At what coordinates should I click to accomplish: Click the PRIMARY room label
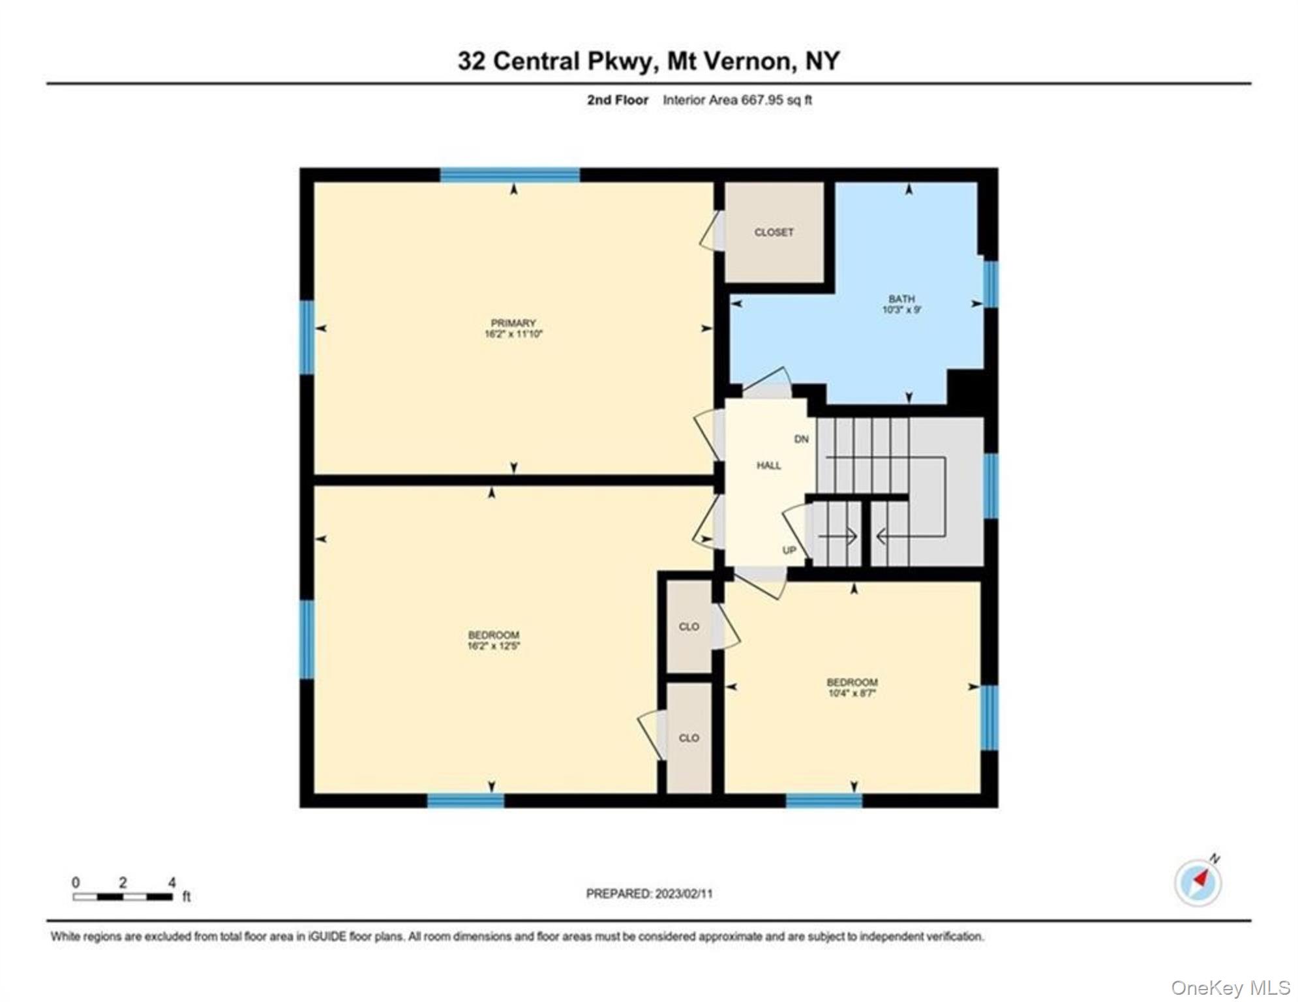pyautogui.click(x=513, y=323)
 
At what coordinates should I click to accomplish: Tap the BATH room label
pyautogui.click(x=901, y=299)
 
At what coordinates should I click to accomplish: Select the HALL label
pyautogui.click(x=768, y=465)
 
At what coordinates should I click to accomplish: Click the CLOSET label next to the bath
pyautogui.click(x=774, y=232)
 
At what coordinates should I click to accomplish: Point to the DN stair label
pyautogui.click(x=801, y=439)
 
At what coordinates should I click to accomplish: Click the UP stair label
pyautogui.click(x=789, y=550)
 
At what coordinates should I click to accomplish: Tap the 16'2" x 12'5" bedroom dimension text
pyautogui.click(x=493, y=646)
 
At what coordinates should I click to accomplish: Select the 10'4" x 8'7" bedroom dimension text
pyautogui.click(x=851, y=693)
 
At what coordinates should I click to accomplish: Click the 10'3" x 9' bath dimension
pyautogui.click(x=901, y=310)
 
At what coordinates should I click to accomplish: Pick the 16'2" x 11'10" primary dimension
pyautogui.click(x=513, y=334)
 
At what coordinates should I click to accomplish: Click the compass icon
pyautogui.click(x=1198, y=883)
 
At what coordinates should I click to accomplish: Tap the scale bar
pyautogui.click(x=123, y=897)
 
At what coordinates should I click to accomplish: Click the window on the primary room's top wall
pyautogui.click(x=509, y=175)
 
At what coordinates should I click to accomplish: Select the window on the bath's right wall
pyautogui.click(x=990, y=284)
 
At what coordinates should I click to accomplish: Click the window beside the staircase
pyautogui.click(x=990, y=486)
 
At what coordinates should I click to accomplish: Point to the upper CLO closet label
pyautogui.click(x=689, y=626)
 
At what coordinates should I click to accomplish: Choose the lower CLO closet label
pyautogui.click(x=689, y=738)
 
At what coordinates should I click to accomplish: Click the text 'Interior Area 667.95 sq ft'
pyautogui.click(x=737, y=100)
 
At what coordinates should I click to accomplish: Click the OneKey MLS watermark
pyautogui.click(x=1230, y=988)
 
